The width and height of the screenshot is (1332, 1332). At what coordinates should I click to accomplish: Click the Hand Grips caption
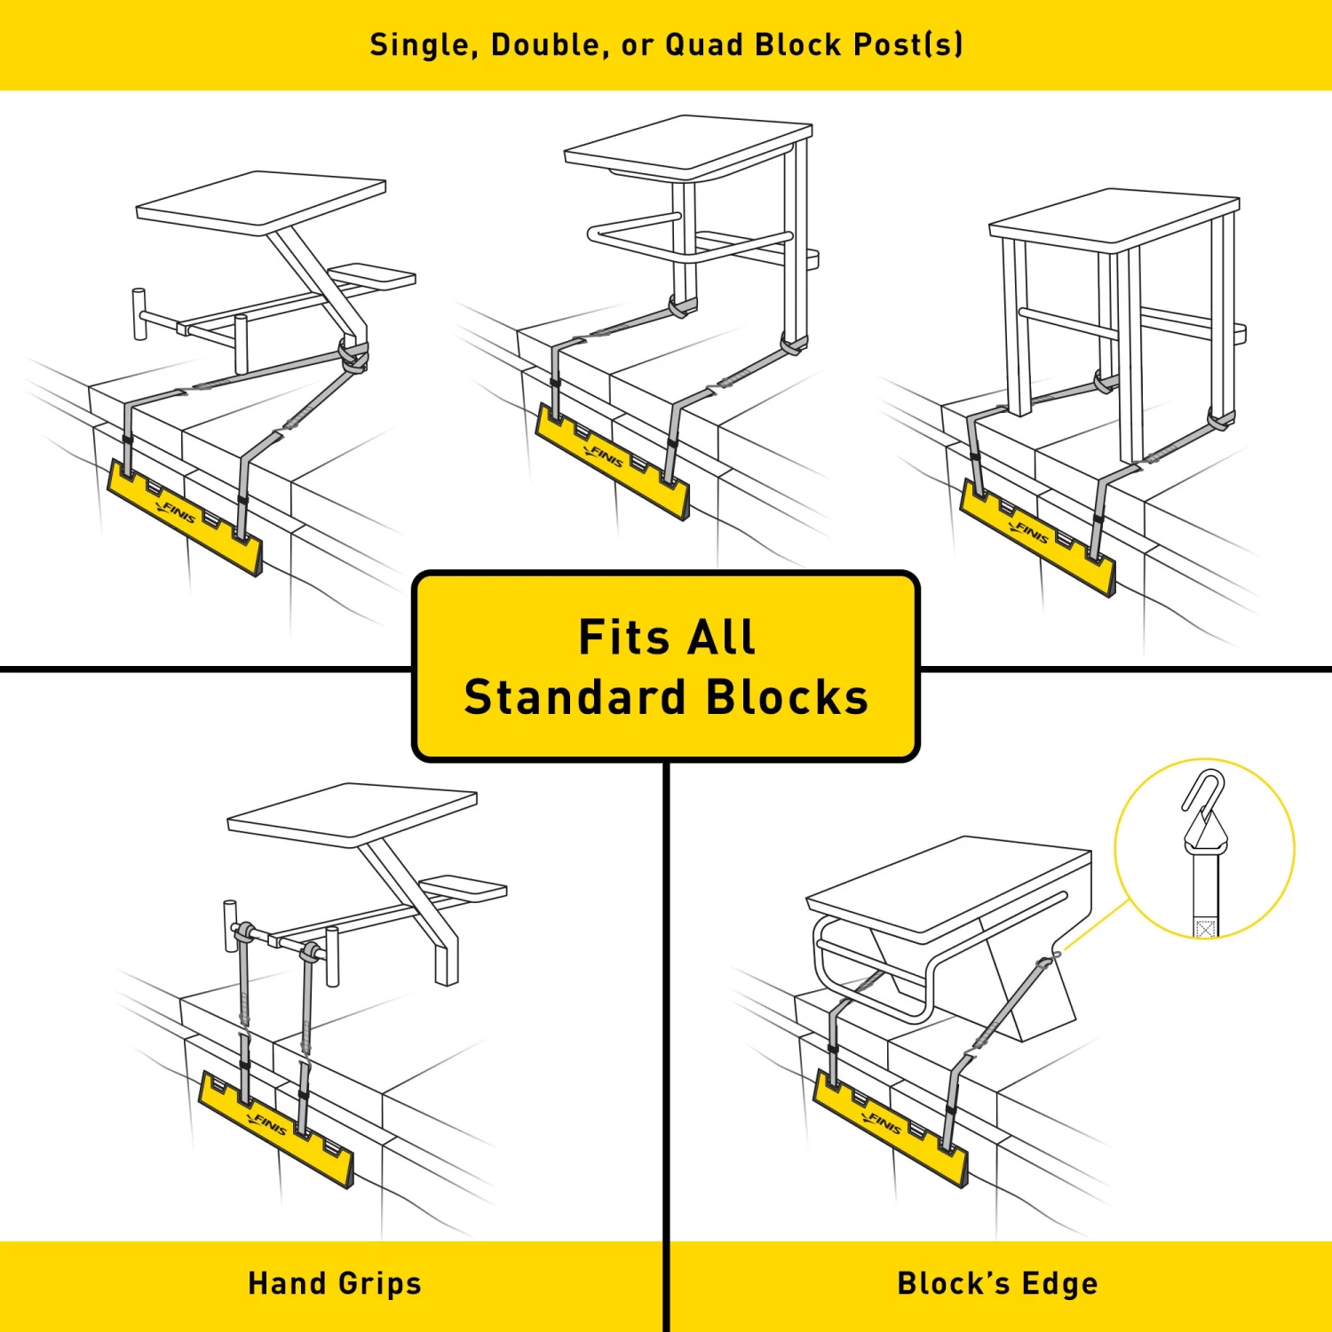tap(335, 1283)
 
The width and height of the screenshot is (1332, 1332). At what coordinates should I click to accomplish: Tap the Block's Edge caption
tap(997, 1283)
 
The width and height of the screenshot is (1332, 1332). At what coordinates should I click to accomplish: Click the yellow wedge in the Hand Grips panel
tap(275, 1132)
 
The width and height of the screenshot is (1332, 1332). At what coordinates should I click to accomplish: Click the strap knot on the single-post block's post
tap(353, 357)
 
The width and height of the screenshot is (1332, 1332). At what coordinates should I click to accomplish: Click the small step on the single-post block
tap(372, 276)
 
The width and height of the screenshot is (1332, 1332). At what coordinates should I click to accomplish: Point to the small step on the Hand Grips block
tap(464, 886)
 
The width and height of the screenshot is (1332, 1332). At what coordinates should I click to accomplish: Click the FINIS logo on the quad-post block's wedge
tap(1032, 533)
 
